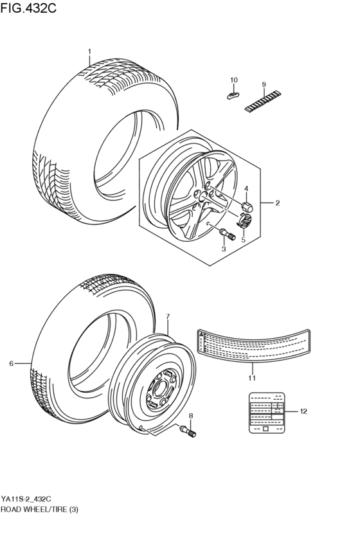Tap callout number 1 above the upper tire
point(89,51)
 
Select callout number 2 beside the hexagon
point(277,204)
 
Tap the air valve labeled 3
point(222,232)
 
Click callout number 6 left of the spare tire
point(12,364)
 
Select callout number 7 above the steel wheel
point(167,317)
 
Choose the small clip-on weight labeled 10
point(233,94)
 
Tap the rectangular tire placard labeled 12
point(264,411)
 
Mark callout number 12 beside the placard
point(303,411)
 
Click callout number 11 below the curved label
point(252,378)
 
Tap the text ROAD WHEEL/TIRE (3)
point(38,508)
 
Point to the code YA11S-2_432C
point(26,498)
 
